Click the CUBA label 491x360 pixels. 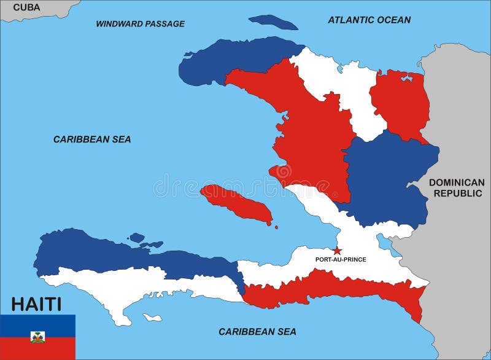[26, 7]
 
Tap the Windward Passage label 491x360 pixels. [140, 24]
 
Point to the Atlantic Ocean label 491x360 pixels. [369, 20]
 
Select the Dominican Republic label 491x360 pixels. [456, 187]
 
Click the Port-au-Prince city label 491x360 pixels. [341, 259]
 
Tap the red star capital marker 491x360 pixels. [337, 251]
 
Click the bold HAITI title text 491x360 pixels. [36, 304]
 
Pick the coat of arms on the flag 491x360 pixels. [37, 337]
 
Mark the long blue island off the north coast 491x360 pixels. [273, 22]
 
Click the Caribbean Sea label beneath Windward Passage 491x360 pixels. [92, 139]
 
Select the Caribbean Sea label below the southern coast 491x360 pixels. [257, 332]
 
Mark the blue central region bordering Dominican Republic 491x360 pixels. [387, 178]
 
